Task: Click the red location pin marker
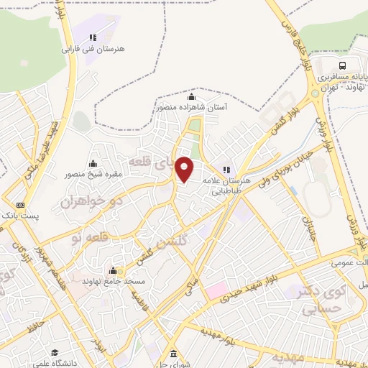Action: [185, 169]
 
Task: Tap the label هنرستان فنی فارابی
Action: [93, 50]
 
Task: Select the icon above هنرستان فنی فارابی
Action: [92, 37]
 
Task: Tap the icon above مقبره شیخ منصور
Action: [93, 163]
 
